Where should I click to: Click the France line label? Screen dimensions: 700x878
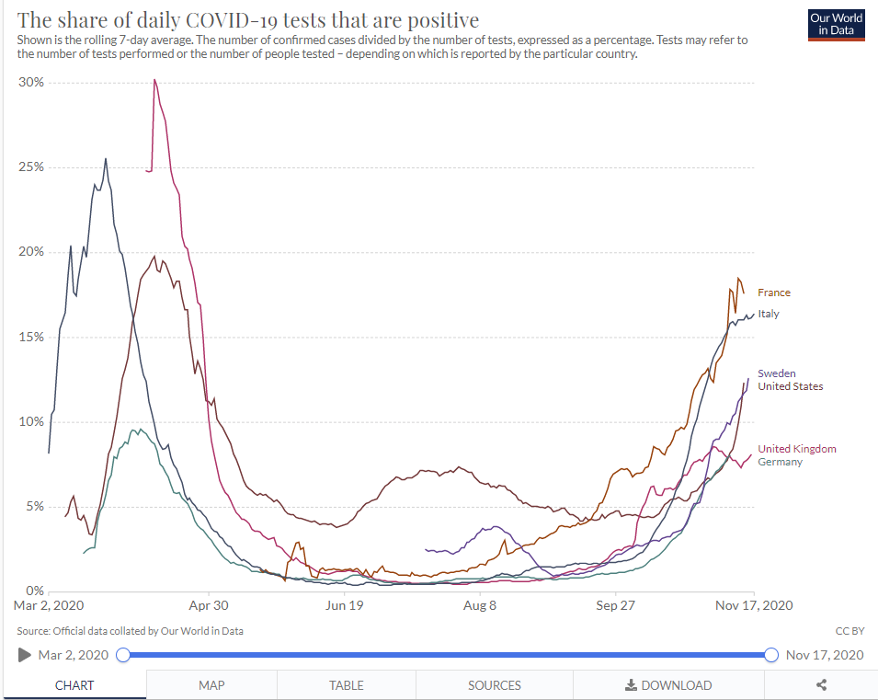pos(773,293)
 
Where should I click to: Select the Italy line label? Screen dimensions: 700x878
pos(768,314)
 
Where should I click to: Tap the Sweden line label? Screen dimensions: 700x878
pos(776,373)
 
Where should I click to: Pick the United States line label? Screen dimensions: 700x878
pos(790,386)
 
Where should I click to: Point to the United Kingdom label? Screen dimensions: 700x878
pos(796,449)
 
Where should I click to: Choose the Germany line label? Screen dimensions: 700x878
pos(780,462)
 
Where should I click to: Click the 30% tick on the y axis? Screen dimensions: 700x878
pos(32,83)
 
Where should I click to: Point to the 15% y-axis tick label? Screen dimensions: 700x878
pos(32,337)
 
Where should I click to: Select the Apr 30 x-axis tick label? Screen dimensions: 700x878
pos(209,605)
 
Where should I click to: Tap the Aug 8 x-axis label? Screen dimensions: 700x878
pos(481,605)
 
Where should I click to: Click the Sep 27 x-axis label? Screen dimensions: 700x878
pos(616,605)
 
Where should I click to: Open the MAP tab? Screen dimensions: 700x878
pos(211,685)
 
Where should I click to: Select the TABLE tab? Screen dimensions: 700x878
pos(347,685)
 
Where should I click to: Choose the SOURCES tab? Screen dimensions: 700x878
pos(495,685)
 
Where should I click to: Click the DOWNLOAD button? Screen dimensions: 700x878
pos(668,685)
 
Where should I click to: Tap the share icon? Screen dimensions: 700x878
pos(822,685)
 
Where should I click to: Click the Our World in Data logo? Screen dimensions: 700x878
pos(836,24)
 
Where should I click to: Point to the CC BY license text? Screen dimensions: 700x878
pos(849,631)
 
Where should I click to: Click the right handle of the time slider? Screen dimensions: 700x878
pos(771,655)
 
